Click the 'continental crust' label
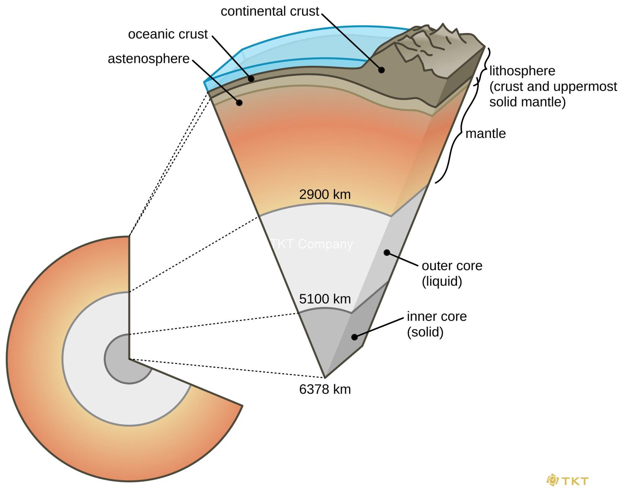(x=270, y=11)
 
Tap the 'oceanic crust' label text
(x=168, y=34)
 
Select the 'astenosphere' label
(x=149, y=59)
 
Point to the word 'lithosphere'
(x=522, y=71)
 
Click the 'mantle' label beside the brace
(x=485, y=133)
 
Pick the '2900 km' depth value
(x=325, y=194)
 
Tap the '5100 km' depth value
(x=325, y=299)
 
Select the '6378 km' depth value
(x=325, y=389)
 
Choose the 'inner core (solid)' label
(x=437, y=324)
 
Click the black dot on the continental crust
(x=381, y=70)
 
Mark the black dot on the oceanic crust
(x=251, y=78)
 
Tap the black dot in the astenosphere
(x=239, y=103)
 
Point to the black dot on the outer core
(x=387, y=253)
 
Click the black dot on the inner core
(x=355, y=337)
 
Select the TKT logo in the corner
(x=568, y=480)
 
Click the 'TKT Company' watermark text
(x=312, y=244)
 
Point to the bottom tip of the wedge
(x=325, y=377)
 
